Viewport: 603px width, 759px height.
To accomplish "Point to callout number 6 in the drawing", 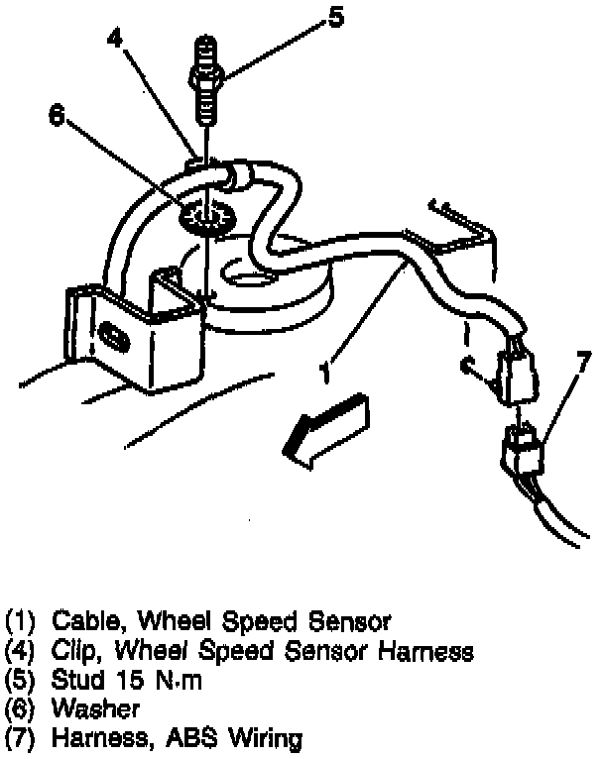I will pos(56,116).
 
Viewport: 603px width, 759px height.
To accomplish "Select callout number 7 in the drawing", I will pos(583,357).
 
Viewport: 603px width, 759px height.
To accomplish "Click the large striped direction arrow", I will pos(323,424).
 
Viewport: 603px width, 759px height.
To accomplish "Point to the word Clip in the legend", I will pos(74,651).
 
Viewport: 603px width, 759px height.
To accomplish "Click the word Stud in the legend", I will pos(76,680).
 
